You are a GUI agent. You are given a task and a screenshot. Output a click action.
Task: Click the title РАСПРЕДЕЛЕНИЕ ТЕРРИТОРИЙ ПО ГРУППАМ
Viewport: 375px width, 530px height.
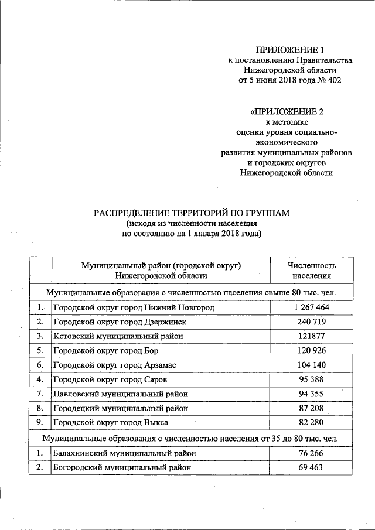point(192,213)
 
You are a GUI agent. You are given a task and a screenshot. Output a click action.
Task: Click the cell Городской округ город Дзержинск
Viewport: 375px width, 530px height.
point(124,322)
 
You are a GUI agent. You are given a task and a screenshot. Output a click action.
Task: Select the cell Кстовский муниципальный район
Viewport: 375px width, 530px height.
point(118,336)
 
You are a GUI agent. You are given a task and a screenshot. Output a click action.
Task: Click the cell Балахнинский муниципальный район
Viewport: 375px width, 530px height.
point(124,453)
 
